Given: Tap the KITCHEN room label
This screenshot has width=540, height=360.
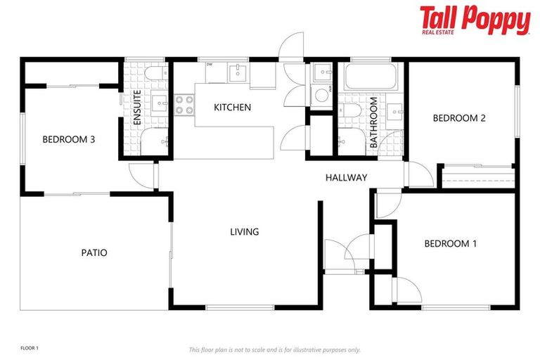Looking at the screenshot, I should coord(232,108).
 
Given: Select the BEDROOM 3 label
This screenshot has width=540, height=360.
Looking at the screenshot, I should coord(69,139).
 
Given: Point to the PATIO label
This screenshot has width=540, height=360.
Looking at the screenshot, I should coord(94,252).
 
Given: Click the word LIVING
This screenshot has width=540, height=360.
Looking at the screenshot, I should coord(245,231).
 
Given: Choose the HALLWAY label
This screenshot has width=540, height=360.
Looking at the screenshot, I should coord(346,178).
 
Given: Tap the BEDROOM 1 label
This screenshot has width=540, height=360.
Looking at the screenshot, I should coord(450,244).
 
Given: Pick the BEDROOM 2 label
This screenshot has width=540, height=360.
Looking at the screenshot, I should coord(458,118).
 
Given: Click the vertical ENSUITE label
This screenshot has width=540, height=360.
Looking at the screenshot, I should coord(137,108).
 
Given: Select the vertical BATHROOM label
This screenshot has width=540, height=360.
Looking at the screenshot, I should coord(374,124).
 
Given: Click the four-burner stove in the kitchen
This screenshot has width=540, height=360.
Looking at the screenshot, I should coord(184,105).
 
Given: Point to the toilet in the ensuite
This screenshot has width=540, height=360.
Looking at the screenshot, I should coord(153,74).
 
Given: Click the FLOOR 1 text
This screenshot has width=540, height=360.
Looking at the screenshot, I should coord(29,348).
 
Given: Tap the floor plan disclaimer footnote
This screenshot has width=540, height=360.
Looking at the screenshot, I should coord(274,349).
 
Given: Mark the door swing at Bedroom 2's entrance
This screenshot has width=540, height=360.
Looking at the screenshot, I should coord(419,173).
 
